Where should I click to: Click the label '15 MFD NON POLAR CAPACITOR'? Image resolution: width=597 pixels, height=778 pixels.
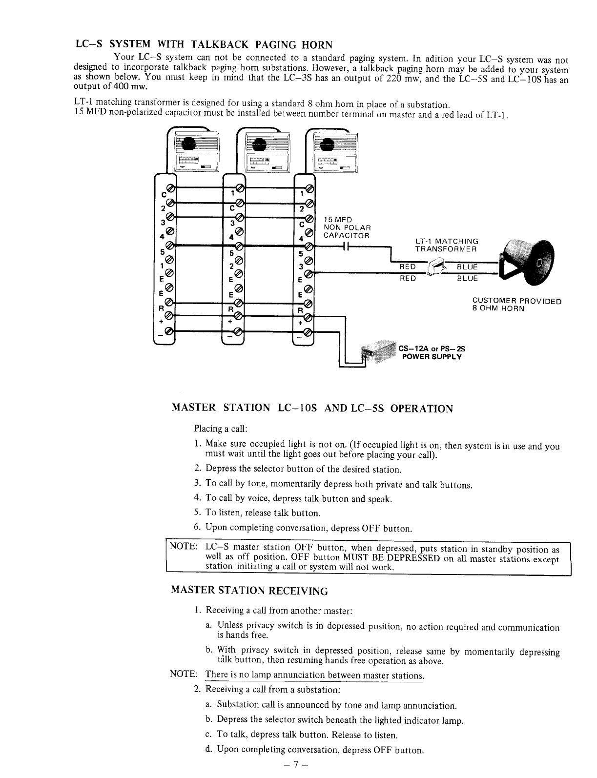click(x=347, y=227)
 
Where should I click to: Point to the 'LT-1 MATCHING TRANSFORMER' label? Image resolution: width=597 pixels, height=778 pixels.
click(x=446, y=245)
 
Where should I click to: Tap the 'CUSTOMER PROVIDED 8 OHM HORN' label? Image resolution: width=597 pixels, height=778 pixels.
click(x=516, y=305)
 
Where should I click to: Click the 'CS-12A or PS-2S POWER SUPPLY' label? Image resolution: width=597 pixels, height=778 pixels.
click(x=432, y=352)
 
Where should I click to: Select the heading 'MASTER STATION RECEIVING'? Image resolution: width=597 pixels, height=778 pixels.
click(x=249, y=591)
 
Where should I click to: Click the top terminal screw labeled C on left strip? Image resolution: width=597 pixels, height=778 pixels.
click(x=169, y=188)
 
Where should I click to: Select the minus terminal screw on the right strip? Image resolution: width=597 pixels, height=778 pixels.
click(x=308, y=332)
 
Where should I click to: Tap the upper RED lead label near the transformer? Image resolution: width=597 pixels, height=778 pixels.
click(x=408, y=266)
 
